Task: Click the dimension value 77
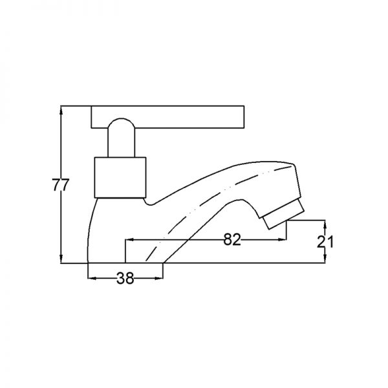point(60,184)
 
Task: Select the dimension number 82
point(232,239)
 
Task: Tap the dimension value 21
point(325,241)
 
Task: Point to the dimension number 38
point(125,278)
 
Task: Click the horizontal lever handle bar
point(167,117)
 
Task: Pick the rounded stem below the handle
point(122,138)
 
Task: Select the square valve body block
point(120,177)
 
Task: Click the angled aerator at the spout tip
point(283,215)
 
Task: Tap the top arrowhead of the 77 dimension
point(61,111)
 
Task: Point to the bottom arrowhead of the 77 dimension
point(61,258)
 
